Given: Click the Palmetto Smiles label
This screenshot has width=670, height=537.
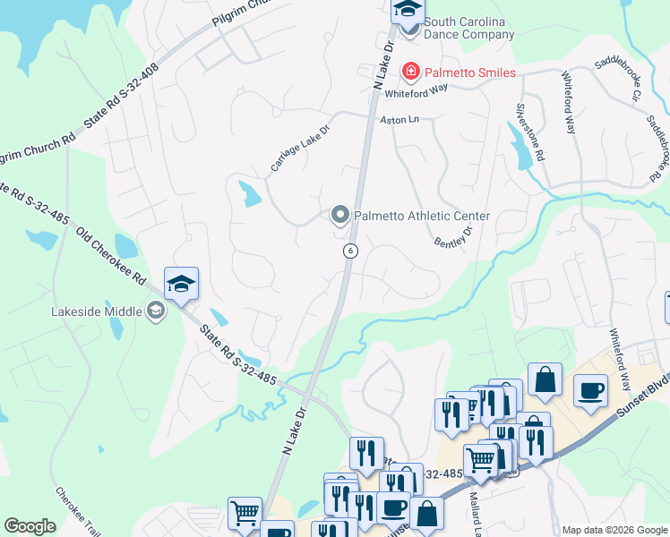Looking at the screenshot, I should pyautogui.click(x=470, y=72).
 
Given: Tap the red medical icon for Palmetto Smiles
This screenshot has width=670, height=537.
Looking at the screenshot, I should pyautogui.click(x=411, y=71).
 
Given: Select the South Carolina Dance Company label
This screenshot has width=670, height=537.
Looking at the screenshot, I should pyautogui.click(x=469, y=28).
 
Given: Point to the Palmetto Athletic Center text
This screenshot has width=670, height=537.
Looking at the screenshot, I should pyautogui.click(x=422, y=216).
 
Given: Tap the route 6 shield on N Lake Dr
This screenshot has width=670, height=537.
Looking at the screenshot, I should pyautogui.click(x=350, y=251).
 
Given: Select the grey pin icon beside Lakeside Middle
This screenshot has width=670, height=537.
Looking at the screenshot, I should pyautogui.click(x=155, y=311).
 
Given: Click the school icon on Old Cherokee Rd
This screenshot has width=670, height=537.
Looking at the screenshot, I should pyautogui.click(x=181, y=285).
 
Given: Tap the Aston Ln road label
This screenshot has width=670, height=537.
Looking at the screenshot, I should pyautogui.click(x=399, y=119).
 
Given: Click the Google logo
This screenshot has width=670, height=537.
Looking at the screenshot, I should pyautogui.click(x=30, y=526).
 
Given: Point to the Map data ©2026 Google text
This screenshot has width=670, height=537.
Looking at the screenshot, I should pyautogui.click(x=614, y=530).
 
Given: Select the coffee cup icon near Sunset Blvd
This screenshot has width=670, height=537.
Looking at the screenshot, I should pyautogui.click(x=590, y=391).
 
